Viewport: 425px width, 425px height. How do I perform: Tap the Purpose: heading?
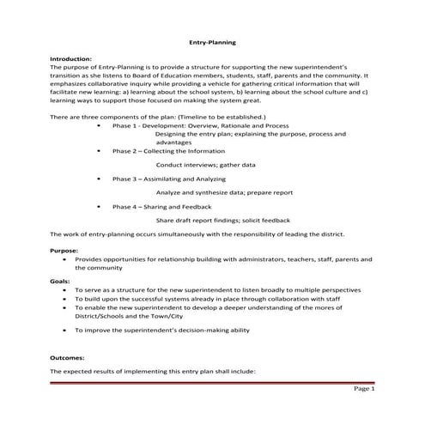click(64, 250)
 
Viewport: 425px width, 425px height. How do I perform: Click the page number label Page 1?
click(364, 389)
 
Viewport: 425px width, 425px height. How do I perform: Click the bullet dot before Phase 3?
click(101, 179)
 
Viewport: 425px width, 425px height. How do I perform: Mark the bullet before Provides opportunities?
click(64, 258)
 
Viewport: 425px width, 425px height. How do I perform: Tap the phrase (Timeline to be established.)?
click(218, 115)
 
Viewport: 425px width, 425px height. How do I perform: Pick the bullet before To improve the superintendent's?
click(64, 329)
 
